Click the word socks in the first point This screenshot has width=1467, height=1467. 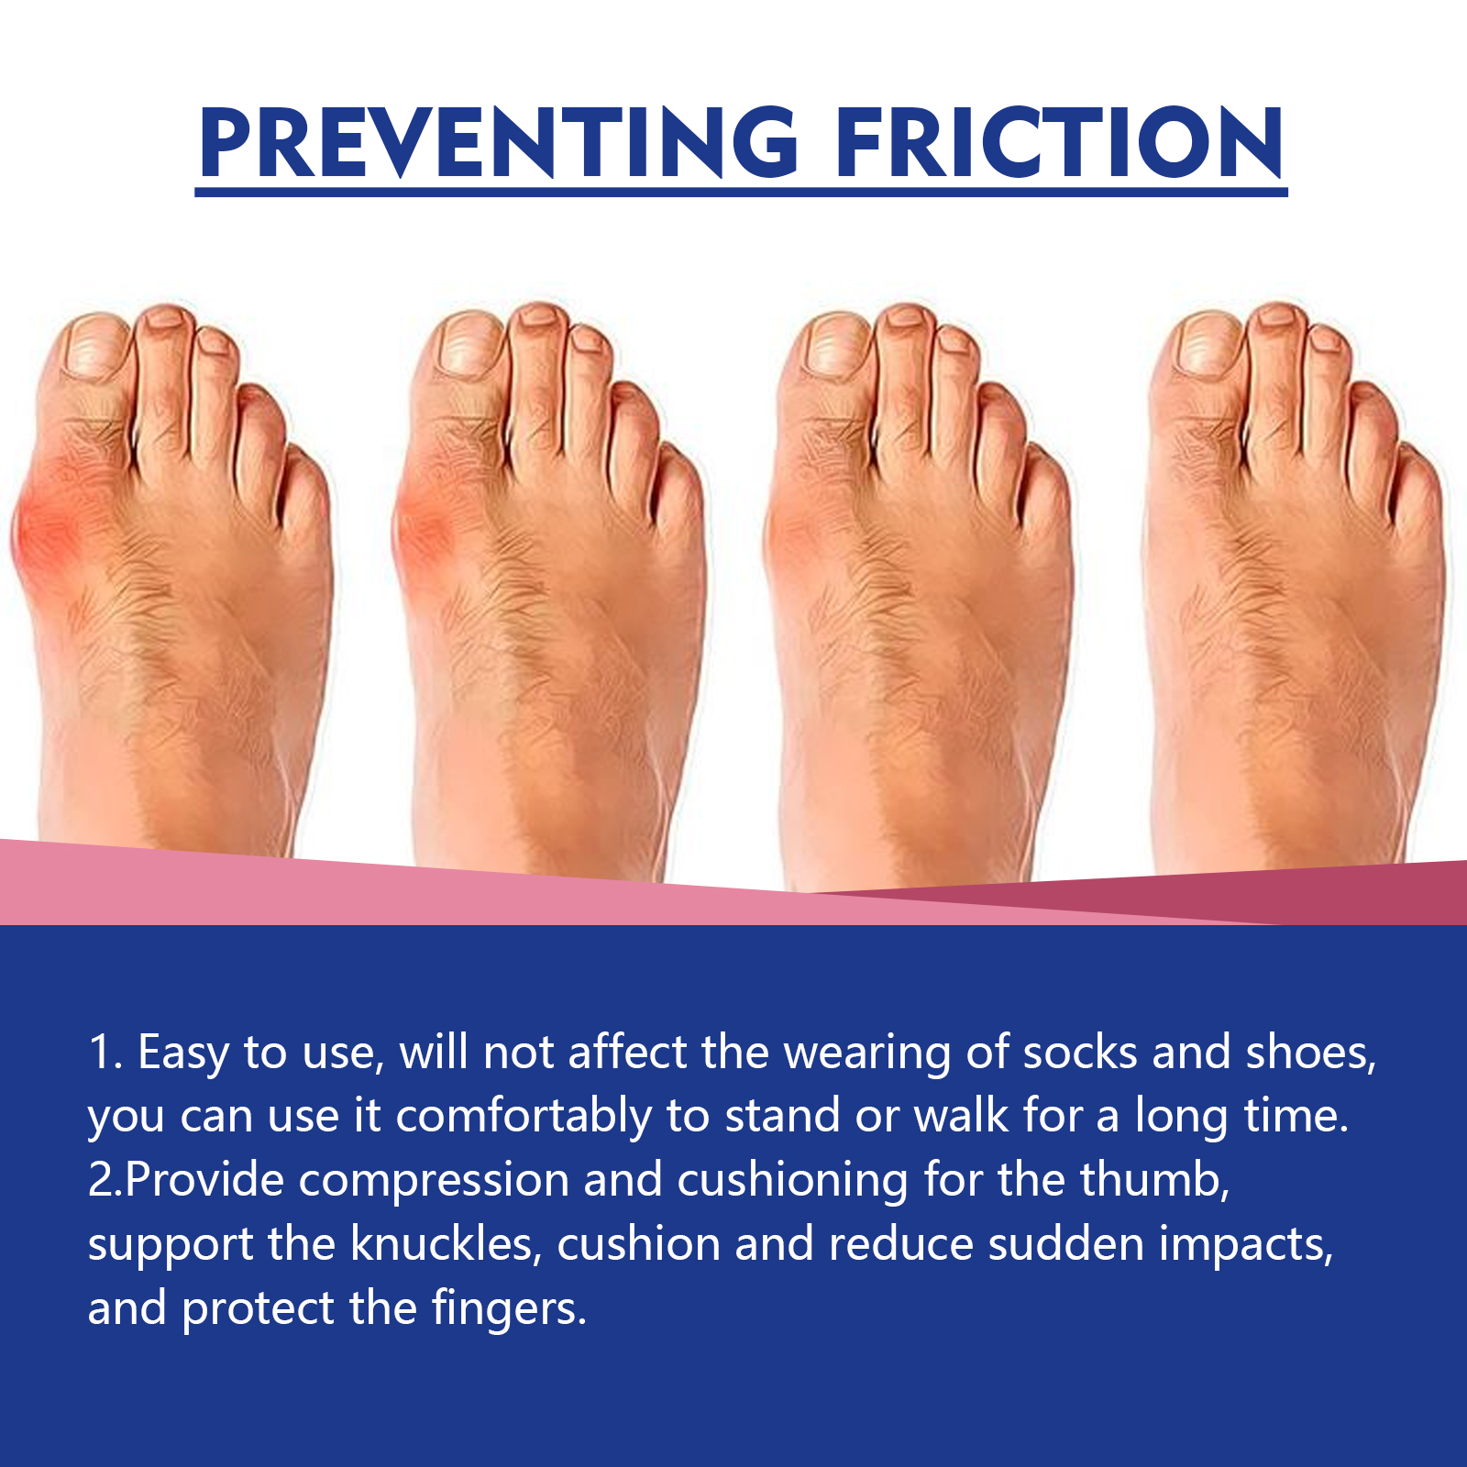coord(1080,1053)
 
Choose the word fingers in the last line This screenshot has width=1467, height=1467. coord(509,1309)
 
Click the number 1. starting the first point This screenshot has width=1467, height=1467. coord(105,1053)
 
